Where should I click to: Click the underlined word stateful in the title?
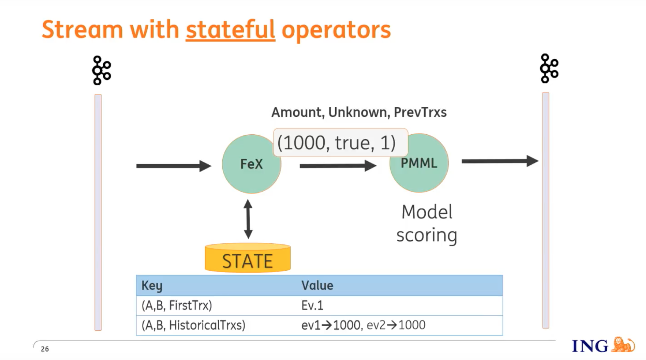click(230, 30)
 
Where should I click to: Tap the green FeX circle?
click(252, 164)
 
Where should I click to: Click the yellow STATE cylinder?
click(248, 258)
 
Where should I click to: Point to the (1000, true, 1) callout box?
click(340, 142)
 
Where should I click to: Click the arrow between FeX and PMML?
click(338, 166)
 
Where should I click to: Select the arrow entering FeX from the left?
click(174, 166)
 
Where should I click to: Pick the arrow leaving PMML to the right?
click(500, 161)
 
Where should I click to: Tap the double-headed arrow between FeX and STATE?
click(248, 219)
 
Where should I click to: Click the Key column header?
click(152, 285)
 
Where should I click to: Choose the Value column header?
click(317, 285)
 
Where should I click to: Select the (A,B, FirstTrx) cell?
click(177, 305)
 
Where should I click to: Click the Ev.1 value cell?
click(312, 305)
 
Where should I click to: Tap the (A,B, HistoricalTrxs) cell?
click(193, 325)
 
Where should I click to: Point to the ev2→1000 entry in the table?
click(396, 325)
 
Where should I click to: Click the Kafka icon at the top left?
click(102, 70)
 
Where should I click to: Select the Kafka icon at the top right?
click(549, 68)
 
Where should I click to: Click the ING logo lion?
click(623, 345)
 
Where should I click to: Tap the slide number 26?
click(45, 349)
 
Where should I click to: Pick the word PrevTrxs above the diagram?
click(420, 112)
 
